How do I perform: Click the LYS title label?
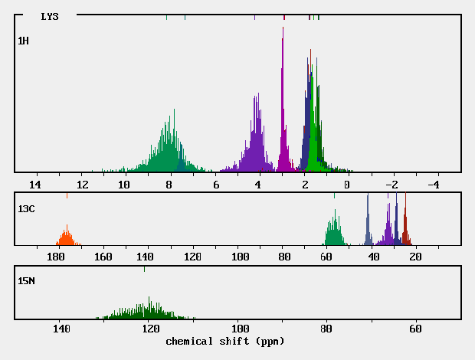pyautogui.click(x=49, y=16)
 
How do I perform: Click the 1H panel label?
pyautogui.click(x=23, y=40)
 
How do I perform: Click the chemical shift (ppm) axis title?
pyautogui.click(x=224, y=340)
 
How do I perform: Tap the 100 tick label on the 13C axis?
pyautogui.click(x=240, y=257)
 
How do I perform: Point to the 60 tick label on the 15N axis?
pyautogui.click(x=415, y=329)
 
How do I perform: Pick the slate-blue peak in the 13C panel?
pyautogui.click(x=368, y=222)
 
